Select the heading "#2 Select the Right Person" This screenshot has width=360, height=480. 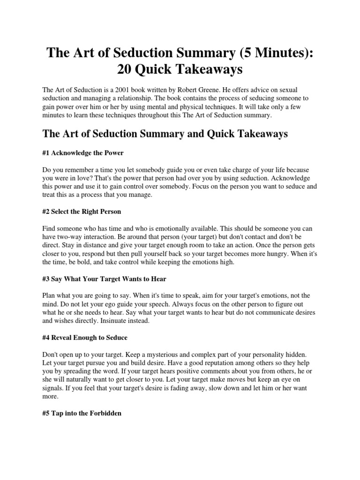82,211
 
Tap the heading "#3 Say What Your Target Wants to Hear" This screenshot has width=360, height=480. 104,279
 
